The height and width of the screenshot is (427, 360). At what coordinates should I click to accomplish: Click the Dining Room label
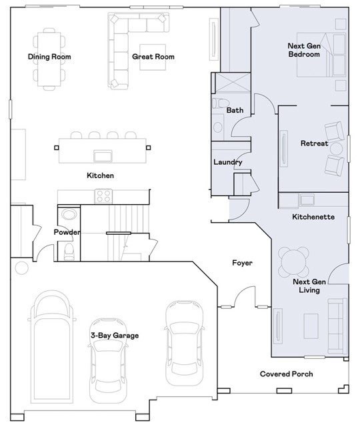[49, 57]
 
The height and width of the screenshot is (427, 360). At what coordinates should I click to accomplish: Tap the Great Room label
[153, 57]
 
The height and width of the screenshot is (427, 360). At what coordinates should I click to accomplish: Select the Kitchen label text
[100, 175]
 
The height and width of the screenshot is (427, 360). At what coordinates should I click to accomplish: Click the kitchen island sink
[102, 156]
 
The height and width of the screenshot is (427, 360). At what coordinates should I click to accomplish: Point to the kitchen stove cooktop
[103, 196]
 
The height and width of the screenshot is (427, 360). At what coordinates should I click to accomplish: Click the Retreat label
[314, 143]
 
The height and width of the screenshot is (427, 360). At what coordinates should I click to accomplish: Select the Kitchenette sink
[307, 199]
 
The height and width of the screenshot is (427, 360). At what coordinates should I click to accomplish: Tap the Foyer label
[242, 263]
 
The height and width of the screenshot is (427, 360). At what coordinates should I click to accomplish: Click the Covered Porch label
[286, 374]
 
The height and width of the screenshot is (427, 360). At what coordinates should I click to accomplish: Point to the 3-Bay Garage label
[115, 336]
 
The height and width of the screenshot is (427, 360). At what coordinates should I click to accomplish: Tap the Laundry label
[227, 162]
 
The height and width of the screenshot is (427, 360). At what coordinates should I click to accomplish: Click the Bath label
[235, 110]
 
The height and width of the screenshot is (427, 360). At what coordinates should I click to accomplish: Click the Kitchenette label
[313, 218]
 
